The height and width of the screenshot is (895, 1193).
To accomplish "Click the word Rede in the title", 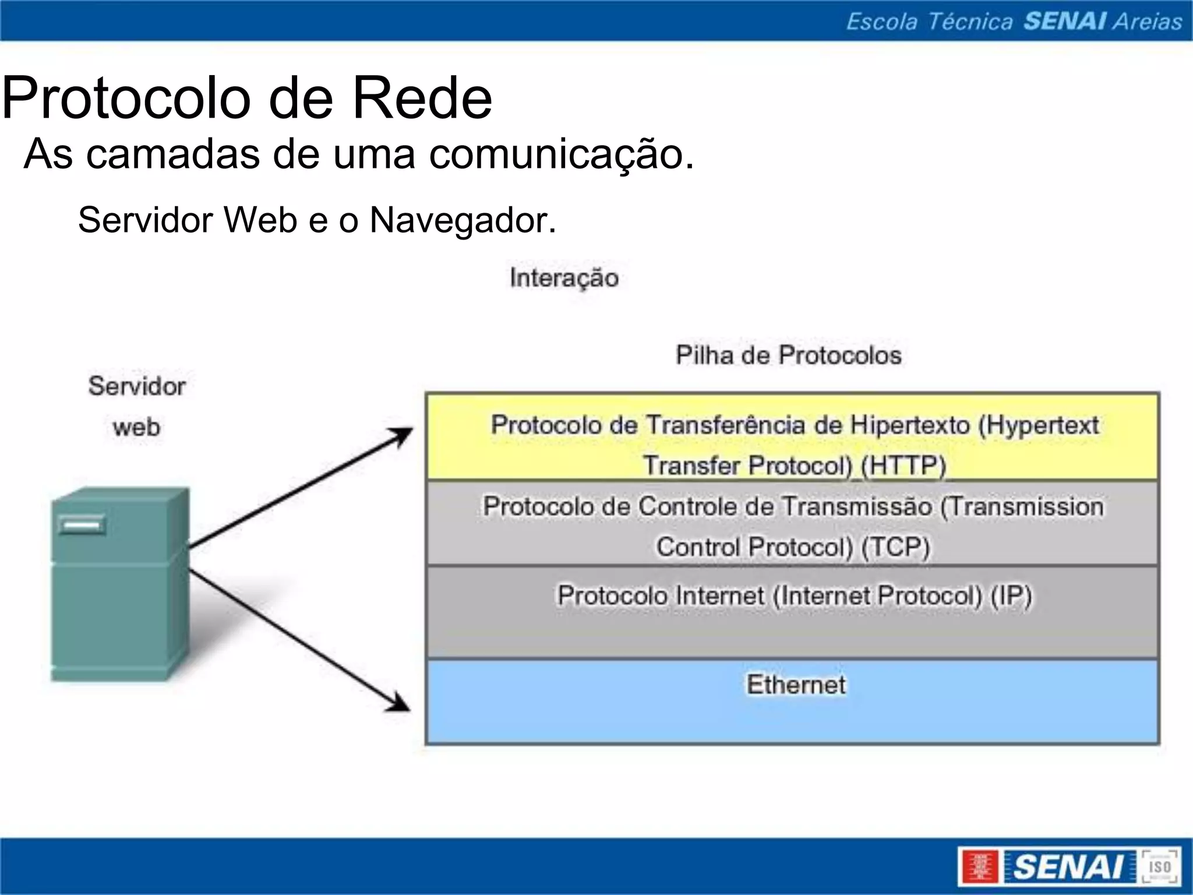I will [x=422, y=98].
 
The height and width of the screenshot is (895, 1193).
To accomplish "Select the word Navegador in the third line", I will [x=463, y=220].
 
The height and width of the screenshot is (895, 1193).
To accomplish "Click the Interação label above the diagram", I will [x=564, y=278].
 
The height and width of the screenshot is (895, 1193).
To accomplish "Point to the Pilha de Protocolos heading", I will [x=788, y=355].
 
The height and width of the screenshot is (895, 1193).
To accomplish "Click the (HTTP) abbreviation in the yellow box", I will [x=903, y=466].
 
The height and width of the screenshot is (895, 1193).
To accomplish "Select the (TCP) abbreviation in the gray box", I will [x=895, y=547].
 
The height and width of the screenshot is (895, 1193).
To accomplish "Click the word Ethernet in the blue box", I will [x=796, y=685].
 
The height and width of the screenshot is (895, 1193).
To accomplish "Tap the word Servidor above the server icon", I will [x=137, y=386].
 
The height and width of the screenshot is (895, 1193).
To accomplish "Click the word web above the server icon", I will [x=136, y=428].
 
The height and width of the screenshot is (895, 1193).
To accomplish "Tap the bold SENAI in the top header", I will [x=1065, y=21].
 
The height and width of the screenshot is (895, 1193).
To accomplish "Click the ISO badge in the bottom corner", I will [x=1159, y=866].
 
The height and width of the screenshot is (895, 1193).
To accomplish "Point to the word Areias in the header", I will [x=1148, y=21].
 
